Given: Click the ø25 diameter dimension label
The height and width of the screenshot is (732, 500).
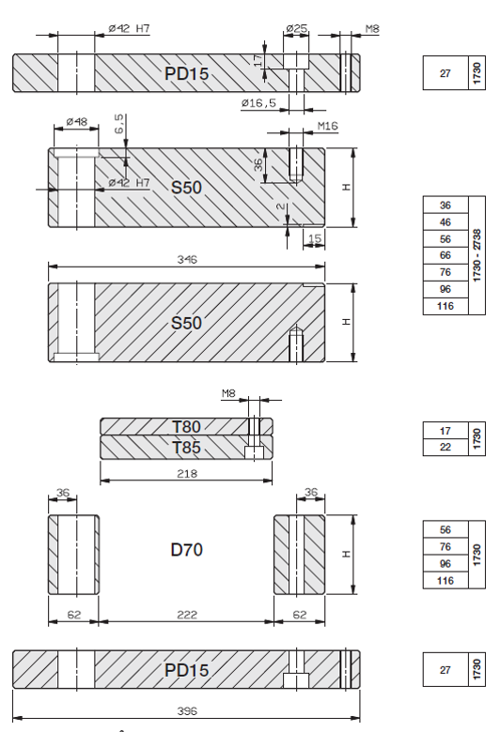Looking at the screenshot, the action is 297,28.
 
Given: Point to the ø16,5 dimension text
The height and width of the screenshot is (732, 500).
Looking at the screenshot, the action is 258,102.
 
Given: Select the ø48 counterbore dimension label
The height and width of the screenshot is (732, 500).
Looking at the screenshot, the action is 77,122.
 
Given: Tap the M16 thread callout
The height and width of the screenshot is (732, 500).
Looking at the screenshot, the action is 327,126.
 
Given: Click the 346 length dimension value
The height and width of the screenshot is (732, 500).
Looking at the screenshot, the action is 187,259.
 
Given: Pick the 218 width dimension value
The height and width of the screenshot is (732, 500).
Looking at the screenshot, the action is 187,473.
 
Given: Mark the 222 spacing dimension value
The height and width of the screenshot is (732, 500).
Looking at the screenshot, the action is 187,615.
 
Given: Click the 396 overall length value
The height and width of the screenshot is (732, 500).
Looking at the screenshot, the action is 187,711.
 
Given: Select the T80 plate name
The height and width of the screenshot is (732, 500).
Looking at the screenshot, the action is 186,427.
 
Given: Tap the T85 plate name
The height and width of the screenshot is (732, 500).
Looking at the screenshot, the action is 186,448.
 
